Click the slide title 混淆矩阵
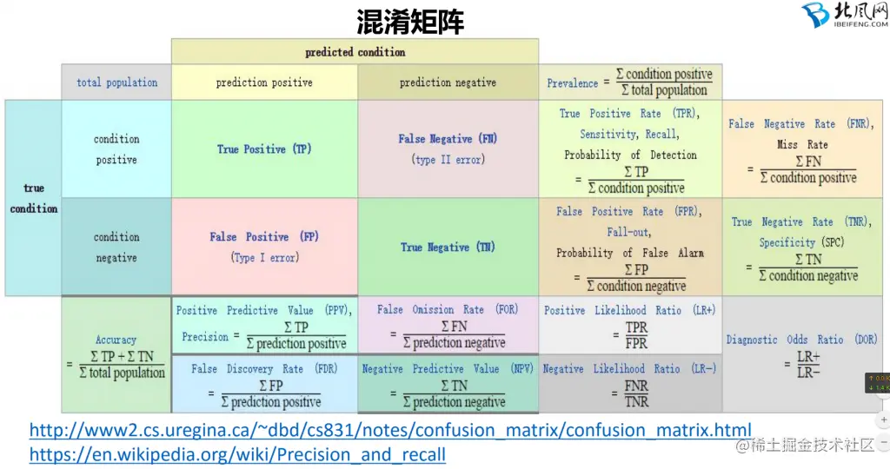pos(411,21)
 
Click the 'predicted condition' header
pos(355,52)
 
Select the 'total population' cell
pos(117,83)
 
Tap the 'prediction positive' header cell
pos(264,83)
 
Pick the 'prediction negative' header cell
pos(448,83)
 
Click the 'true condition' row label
pos(34,198)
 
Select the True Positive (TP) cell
pos(263,149)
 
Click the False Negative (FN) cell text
pos(448,139)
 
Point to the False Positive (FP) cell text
pos(264,237)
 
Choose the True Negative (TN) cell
pos(448,248)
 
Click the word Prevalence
pos(572,83)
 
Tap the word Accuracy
pos(116,340)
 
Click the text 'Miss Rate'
pos(802,144)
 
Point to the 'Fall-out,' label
pos(628,232)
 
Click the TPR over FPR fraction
pos(636,336)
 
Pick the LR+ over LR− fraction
pos(808,365)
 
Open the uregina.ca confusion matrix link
pos(390,430)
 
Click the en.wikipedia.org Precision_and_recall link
pos(237,454)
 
